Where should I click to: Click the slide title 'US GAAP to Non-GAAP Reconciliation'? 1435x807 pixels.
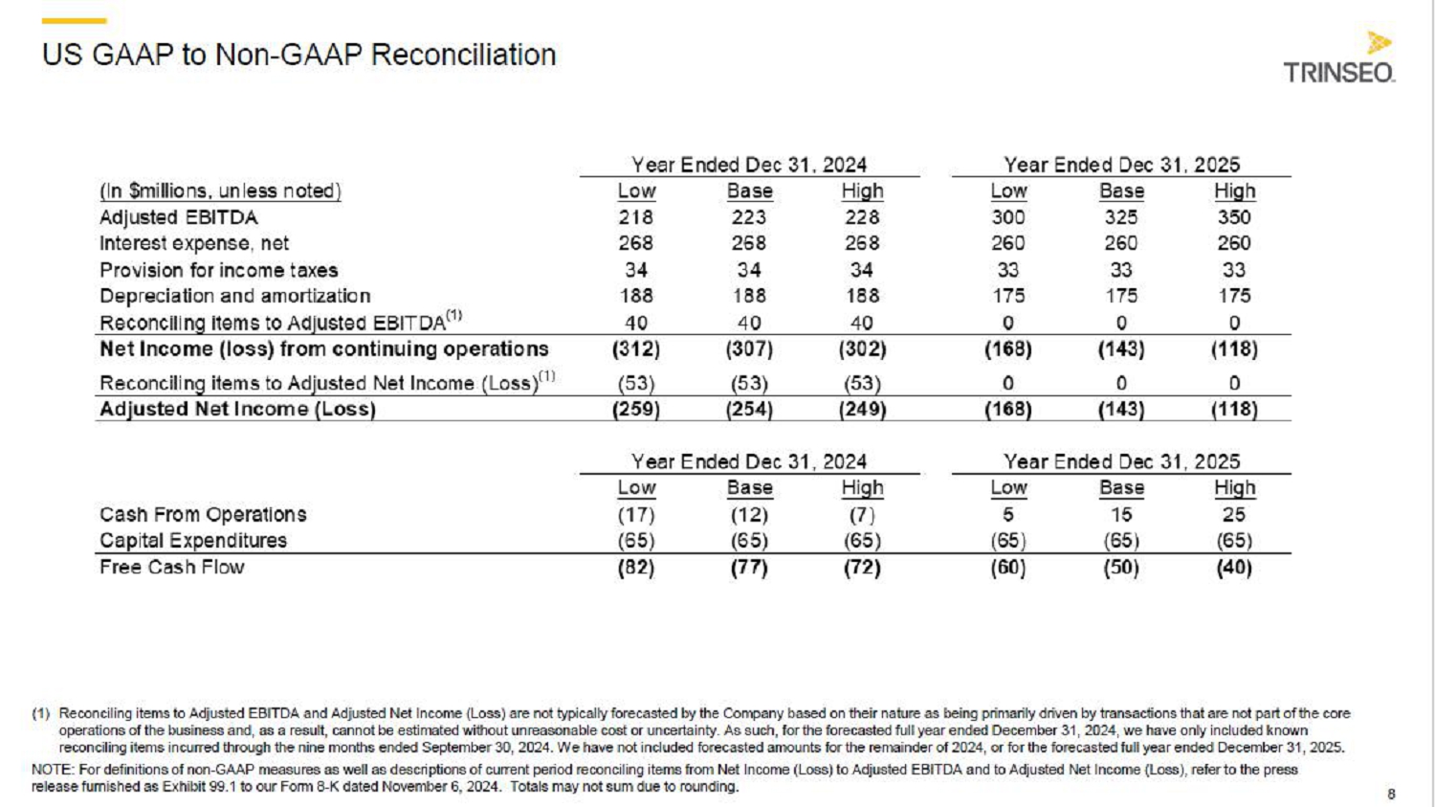point(298,55)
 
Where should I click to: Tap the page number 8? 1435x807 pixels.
point(1391,794)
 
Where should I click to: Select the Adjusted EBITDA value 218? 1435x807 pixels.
point(636,217)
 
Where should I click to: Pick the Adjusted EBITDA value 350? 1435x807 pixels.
point(1234,217)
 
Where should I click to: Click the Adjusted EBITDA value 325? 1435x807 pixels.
point(1121,217)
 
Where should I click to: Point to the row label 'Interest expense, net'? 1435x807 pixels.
point(194,243)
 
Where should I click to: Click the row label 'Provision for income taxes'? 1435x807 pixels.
point(219,270)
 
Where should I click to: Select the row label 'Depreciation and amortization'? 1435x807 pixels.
point(234,296)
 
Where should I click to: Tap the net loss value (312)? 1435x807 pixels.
point(636,349)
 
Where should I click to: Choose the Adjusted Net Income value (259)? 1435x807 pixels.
point(636,410)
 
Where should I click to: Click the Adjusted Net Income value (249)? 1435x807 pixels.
point(862,410)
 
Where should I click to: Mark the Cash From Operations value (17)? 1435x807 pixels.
point(636,514)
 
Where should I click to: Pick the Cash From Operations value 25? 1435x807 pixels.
point(1234,514)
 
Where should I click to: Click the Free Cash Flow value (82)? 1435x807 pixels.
point(636,568)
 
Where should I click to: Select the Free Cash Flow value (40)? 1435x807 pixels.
point(1234,568)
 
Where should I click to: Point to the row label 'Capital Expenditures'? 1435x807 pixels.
point(193,540)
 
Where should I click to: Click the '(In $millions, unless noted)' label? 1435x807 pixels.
point(220,191)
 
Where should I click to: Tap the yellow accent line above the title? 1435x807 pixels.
point(74,20)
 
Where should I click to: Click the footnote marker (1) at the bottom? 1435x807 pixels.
point(40,713)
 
